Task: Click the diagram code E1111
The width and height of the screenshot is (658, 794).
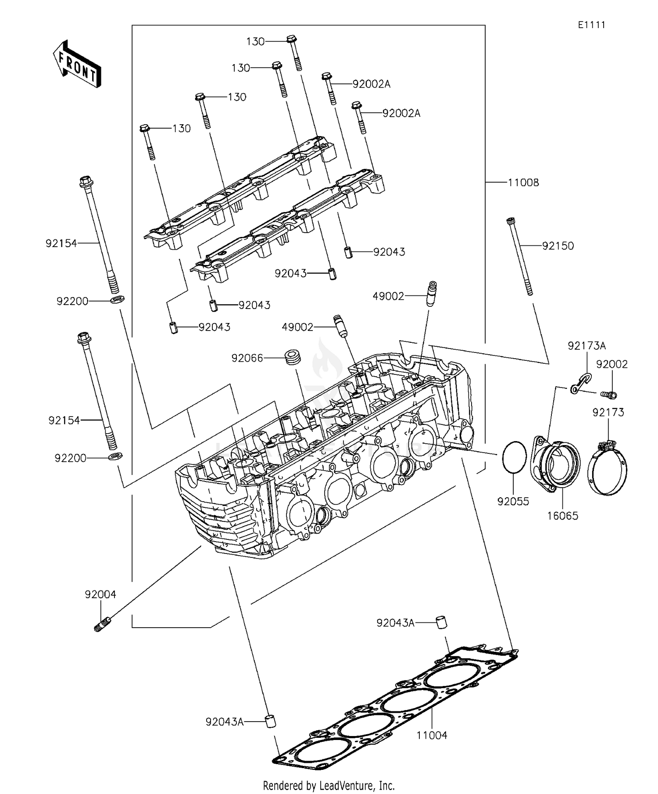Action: click(x=591, y=25)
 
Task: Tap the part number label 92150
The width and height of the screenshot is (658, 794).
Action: click(x=558, y=246)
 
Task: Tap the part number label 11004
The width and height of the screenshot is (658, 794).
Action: click(x=432, y=735)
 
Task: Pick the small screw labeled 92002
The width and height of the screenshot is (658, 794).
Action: click(x=609, y=395)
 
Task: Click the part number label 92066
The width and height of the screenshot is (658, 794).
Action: click(x=247, y=358)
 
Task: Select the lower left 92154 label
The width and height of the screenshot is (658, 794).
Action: click(x=64, y=420)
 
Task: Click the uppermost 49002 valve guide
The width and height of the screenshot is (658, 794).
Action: click(x=431, y=293)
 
